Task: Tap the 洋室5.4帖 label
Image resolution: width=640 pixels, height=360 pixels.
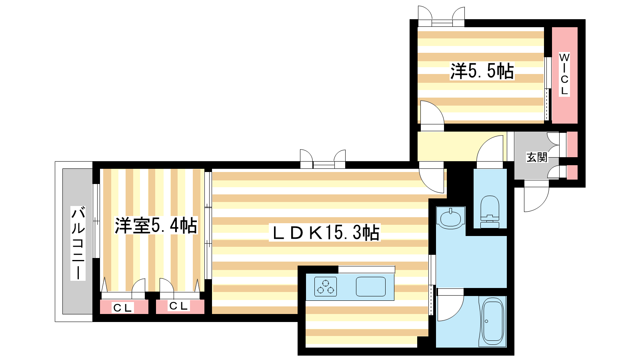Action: [x=156, y=226]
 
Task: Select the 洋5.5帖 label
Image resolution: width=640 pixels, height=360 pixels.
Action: [x=482, y=71]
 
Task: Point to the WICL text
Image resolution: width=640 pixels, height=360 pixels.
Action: [x=564, y=74]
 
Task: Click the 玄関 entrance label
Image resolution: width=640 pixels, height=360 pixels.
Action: [x=537, y=157]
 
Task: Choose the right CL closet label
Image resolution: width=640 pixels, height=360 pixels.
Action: [x=178, y=306]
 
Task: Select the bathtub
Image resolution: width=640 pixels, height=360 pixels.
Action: [x=492, y=321]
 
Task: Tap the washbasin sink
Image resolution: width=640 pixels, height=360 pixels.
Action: [x=450, y=218]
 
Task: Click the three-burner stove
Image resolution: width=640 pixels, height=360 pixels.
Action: [x=326, y=286]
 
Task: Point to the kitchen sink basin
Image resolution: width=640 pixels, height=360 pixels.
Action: [x=370, y=286]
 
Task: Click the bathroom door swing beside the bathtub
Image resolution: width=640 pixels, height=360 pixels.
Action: [x=450, y=304]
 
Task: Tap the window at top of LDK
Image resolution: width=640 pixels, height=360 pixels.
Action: [x=323, y=159]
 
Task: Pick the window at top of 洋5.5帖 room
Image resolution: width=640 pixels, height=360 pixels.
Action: [x=442, y=16]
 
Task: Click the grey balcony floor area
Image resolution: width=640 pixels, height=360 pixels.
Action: [x=77, y=242]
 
